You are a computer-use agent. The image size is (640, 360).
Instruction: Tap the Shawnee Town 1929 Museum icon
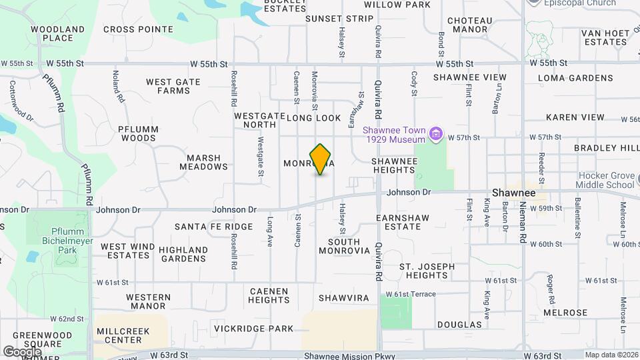436,135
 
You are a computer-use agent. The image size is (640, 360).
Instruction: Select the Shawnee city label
513,191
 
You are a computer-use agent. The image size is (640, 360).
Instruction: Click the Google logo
22,351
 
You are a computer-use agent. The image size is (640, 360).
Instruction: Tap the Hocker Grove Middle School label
605,180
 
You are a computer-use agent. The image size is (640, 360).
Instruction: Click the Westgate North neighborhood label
255,120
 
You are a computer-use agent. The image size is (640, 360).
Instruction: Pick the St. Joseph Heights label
427,271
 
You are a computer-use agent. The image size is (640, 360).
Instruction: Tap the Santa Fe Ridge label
213,227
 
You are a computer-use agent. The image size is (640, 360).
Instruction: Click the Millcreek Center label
119,335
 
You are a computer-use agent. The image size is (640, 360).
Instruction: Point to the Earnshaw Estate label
399,222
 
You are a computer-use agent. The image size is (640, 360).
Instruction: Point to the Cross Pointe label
138,29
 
